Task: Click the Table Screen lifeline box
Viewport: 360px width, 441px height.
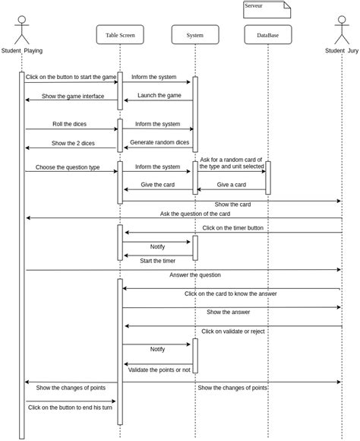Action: pos(120,35)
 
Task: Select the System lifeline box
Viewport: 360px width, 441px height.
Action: pos(195,35)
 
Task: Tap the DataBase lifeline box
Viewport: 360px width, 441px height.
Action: pos(267,35)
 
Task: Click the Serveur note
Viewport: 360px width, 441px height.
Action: pos(267,9)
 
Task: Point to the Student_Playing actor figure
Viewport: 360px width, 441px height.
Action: pos(22,30)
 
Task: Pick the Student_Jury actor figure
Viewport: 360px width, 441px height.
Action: pos(341,30)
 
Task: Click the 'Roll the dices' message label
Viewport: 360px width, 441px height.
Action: pos(68,124)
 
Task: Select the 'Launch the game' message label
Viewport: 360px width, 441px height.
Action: pos(159,95)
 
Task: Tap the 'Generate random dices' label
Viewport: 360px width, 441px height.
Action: pos(159,142)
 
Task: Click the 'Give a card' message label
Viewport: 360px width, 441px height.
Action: pos(231,184)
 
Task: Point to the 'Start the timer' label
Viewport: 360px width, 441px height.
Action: pos(157,260)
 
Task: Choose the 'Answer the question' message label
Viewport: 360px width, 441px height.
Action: pos(195,274)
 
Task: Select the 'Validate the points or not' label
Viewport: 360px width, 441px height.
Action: pos(159,370)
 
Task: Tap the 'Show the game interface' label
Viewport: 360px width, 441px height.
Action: pos(73,96)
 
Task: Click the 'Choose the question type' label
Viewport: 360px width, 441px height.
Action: pos(68,167)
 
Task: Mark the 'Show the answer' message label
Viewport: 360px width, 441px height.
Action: pos(228,312)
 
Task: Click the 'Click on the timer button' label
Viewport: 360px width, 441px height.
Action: pos(233,227)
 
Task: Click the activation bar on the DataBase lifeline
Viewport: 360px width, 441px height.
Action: pos(268,177)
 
